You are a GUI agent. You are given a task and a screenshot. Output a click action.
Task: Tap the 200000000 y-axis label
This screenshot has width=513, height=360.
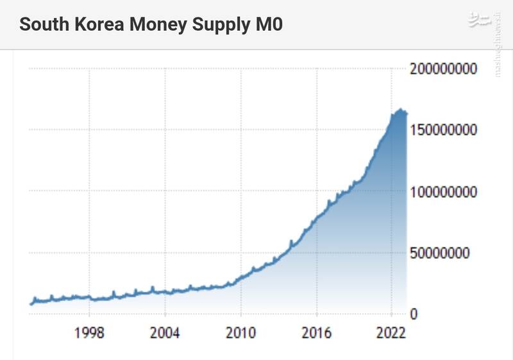click(x=444, y=69)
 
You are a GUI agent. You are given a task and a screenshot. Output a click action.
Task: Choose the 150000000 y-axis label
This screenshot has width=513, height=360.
click(x=444, y=130)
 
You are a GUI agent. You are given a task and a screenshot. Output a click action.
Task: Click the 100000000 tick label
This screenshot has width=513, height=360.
click(x=444, y=191)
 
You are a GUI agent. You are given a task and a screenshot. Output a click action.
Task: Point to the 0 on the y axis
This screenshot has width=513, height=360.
click(x=414, y=314)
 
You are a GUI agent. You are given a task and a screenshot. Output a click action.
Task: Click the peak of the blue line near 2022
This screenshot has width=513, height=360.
click(x=401, y=110)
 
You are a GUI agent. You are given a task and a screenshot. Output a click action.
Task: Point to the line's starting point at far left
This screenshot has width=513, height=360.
click(x=31, y=304)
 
